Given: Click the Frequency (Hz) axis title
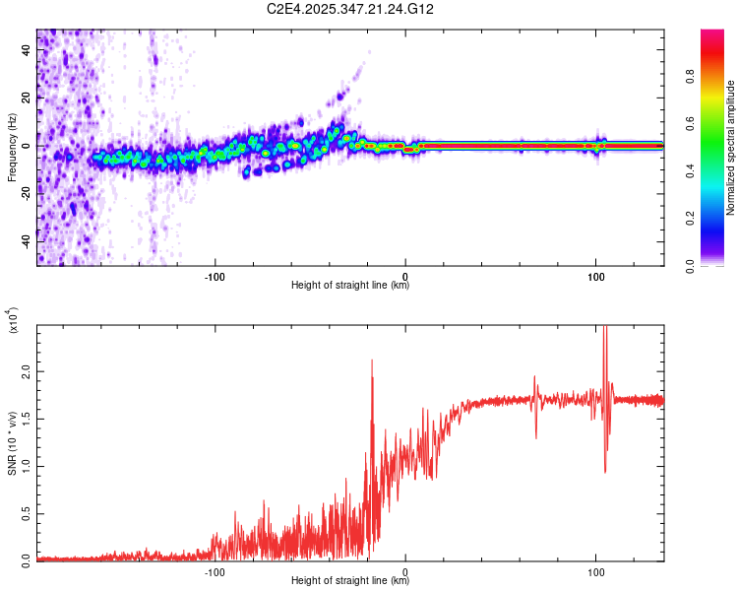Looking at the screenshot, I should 12,147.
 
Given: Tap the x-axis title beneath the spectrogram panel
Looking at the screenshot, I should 350,286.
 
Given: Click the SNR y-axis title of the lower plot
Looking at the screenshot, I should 12,442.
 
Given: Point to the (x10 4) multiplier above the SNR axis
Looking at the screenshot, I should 12,320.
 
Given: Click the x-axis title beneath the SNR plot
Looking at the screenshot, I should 350,581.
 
